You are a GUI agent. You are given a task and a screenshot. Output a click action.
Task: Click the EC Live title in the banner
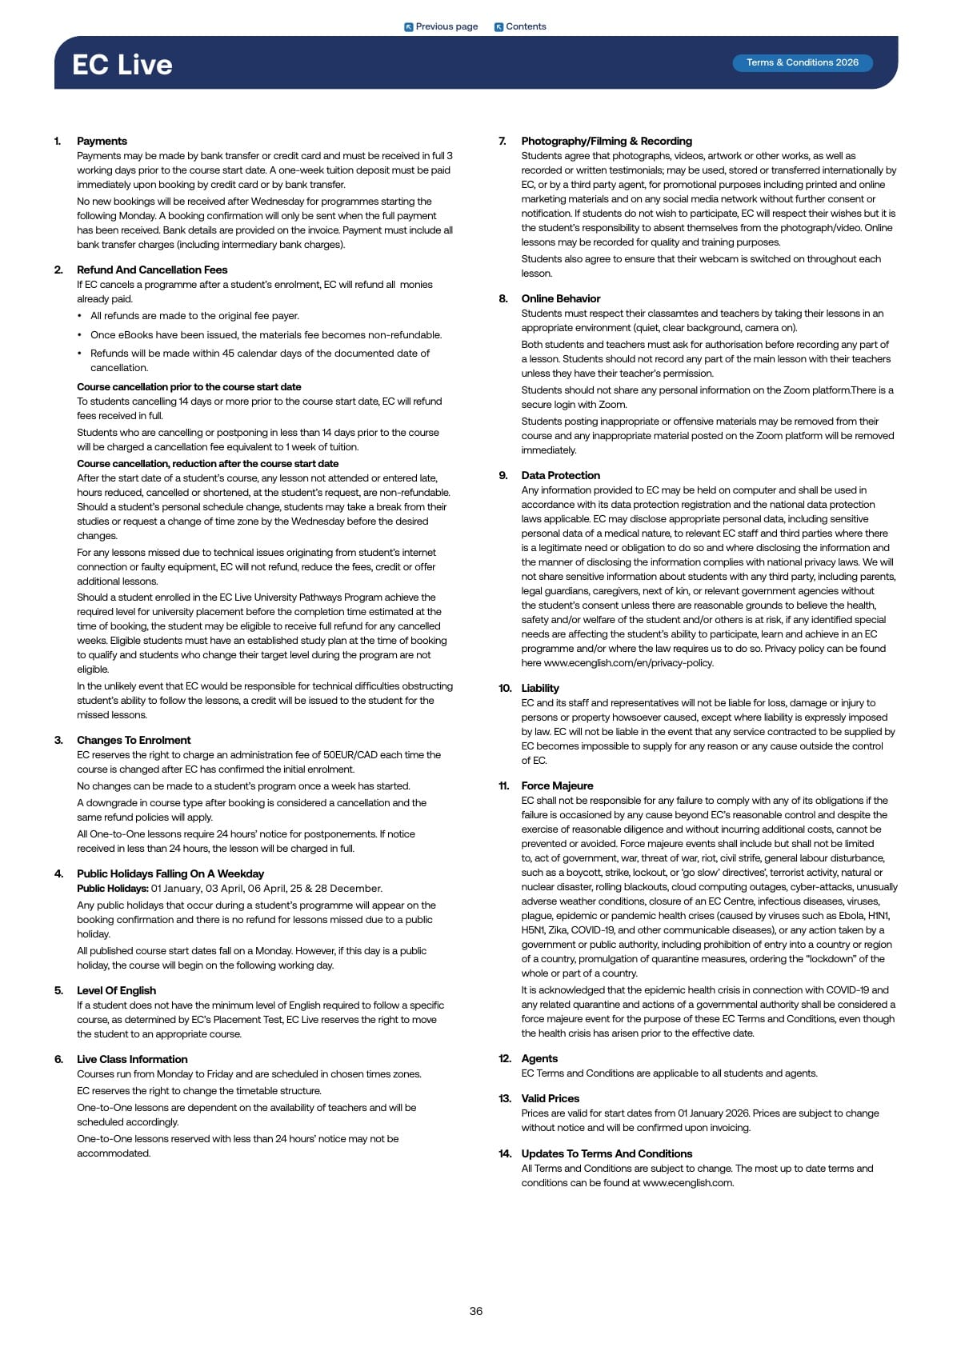122,65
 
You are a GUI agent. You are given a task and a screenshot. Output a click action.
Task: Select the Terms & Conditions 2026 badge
802,62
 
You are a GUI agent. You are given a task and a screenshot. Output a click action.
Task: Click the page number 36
476,1311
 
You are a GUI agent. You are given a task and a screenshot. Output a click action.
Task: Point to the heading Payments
102,141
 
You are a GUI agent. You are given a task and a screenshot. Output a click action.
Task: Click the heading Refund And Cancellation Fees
152,270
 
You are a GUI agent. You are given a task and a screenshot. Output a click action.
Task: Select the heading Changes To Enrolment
134,740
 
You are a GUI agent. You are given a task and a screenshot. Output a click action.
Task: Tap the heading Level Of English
116,990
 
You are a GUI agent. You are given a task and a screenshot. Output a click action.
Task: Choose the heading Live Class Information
132,1059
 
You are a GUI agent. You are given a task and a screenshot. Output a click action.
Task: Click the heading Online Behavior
560,298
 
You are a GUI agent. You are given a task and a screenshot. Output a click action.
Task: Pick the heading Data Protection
560,475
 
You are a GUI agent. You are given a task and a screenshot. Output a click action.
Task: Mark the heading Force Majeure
557,785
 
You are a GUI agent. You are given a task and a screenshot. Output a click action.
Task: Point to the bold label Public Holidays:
113,889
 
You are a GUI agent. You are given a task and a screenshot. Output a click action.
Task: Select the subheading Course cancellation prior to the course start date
189,386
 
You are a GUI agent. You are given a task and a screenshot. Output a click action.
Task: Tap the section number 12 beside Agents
504,1058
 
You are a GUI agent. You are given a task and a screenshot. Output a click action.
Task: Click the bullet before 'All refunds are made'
80,316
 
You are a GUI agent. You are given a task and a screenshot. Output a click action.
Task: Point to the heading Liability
540,688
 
